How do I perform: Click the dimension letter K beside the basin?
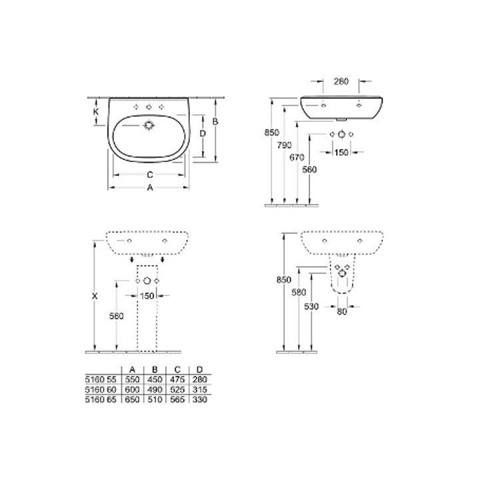[96, 111]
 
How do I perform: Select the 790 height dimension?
[285, 145]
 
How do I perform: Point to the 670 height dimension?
[297, 157]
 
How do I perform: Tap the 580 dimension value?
[299, 293]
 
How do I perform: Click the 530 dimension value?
[311, 307]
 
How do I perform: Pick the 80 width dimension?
[342, 311]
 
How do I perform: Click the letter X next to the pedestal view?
[95, 296]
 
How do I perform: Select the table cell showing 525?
[177, 389]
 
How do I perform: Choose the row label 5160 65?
[101, 399]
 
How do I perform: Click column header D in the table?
[199, 369]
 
